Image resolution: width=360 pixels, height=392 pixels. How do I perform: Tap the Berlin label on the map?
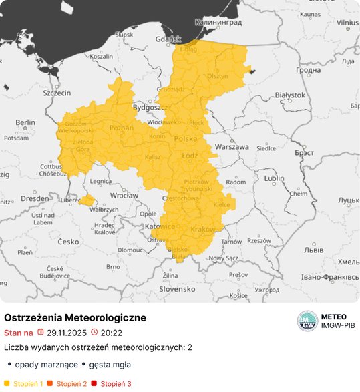25,122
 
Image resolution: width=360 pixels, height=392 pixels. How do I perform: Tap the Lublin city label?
274,178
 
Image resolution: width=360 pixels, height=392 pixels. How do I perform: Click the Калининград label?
216,23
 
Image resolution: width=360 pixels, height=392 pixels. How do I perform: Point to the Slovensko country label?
176,289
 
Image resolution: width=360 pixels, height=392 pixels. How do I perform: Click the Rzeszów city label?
260,240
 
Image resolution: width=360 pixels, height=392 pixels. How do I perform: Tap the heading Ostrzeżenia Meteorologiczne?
75,317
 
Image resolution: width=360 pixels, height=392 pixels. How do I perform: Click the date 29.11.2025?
66,332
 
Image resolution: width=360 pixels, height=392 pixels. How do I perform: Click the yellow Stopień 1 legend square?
7,384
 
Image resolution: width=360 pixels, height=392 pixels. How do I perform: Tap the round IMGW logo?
307,321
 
